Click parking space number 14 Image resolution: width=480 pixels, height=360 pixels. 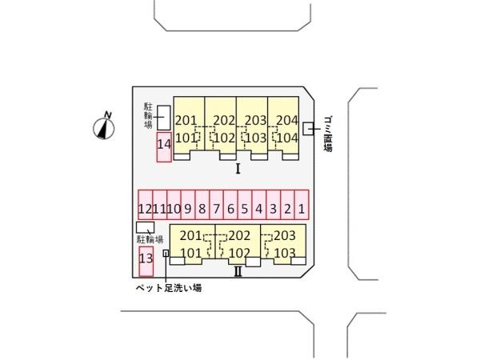click(164, 147)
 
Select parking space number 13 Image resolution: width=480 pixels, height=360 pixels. click(146, 262)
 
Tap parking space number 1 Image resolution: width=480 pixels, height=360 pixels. click(302, 205)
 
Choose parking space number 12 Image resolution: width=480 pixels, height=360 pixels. click(146, 205)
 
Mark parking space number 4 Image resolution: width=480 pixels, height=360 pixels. click(259, 205)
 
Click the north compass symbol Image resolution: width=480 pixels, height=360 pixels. click(104, 126)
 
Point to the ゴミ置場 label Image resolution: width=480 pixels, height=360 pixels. click(328, 134)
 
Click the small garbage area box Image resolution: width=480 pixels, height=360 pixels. click(308, 129)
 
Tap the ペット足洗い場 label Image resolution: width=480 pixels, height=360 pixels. click(169, 288)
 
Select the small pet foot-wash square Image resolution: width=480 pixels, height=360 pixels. click(166, 253)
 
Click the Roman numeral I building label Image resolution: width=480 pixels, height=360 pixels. click(238, 169)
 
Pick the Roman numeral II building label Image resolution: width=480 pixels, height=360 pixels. click(238, 271)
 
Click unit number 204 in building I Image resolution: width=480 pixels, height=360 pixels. click(287, 120)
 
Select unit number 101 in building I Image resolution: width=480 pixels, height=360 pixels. click(186, 138)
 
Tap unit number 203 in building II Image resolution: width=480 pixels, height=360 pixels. click(285, 236)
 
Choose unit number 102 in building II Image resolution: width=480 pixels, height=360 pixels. click(239, 253)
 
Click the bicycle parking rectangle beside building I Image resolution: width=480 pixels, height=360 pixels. click(164, 118)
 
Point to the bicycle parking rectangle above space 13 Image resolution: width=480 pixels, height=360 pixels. click(145, 227)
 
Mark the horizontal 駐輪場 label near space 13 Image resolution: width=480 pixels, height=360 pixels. click(150, 239)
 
